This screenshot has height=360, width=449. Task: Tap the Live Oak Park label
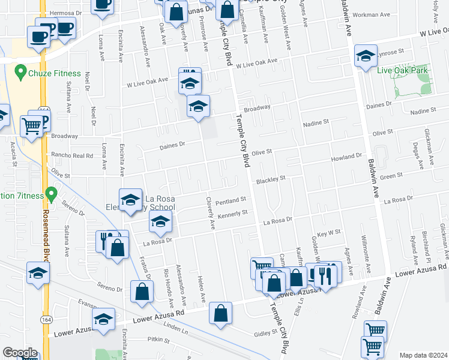click(402, 70)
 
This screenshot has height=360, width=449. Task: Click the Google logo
click(20, 353)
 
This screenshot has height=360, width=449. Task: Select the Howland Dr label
click(347, 158)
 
